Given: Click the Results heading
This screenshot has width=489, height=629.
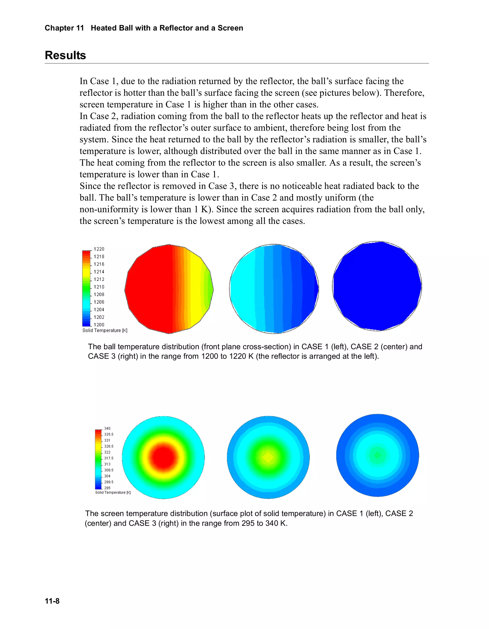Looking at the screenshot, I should click(65, 55).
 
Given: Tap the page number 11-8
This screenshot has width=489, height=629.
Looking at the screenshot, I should click(52, 601).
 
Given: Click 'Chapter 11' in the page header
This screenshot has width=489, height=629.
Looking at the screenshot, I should click(64, 28).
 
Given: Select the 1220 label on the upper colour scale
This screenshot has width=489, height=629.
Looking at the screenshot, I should click(99, 249).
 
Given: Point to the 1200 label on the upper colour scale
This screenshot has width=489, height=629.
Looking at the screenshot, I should click(99, 325).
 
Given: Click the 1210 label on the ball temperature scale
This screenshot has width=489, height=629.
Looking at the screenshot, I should click(99, 287).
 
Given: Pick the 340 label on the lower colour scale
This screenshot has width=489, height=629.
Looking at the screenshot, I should click(107, 428).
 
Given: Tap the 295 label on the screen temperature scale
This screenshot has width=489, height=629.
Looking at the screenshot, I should click(107, 488).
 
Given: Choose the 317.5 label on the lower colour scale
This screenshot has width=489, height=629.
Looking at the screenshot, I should click(108, 458).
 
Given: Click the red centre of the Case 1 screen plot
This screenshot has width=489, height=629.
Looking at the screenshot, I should click(163, 457).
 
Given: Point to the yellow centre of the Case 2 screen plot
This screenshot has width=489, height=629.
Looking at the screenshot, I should click(268, 457).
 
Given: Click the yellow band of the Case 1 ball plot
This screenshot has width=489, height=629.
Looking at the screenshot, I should click(197, 288).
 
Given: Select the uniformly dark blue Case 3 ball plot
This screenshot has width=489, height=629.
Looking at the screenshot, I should click(377, 286).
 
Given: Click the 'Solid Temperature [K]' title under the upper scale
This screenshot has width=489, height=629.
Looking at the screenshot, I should click(105, 330).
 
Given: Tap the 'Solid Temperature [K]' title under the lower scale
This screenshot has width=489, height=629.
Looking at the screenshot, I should click(113, 493).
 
